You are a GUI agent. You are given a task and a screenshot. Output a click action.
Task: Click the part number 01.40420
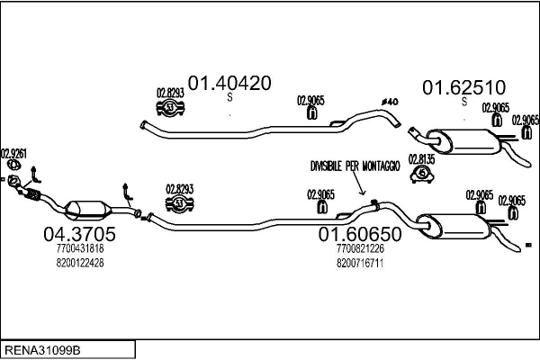(229, 84)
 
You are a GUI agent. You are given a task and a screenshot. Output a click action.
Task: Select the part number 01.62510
(463, 87)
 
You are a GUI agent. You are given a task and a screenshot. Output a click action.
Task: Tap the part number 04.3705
(79, 234)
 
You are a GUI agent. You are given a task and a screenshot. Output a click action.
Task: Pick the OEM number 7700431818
(79, 248)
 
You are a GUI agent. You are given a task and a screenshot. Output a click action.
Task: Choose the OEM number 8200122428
(79, 263)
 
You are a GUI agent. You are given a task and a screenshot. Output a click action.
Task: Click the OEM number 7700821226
(359, 248)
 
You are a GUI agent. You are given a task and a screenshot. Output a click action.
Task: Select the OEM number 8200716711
(359, 263)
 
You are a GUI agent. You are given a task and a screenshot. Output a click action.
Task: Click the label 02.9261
(13, 152)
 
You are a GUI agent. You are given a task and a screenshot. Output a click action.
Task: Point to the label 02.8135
(421, 159)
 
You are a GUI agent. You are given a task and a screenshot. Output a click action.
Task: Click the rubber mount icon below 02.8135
(420, 173)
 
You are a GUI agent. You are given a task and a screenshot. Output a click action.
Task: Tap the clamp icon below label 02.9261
(13, 165)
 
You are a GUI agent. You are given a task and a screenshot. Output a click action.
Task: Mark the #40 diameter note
(390, 101)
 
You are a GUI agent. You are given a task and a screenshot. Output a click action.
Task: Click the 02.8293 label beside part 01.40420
(170, 92)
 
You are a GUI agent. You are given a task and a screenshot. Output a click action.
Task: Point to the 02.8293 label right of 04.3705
(180, 189)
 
